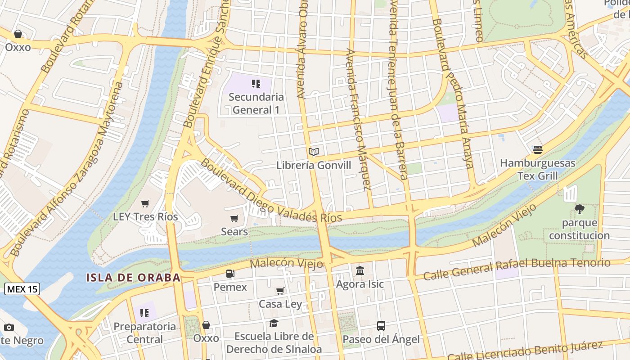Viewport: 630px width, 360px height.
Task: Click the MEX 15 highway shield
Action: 22,289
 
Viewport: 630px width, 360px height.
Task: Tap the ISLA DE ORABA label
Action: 133,277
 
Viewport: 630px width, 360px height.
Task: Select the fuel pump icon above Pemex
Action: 230,273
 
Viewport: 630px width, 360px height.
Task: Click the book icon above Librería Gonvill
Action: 314,152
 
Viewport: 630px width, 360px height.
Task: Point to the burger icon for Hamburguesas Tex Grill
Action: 537,149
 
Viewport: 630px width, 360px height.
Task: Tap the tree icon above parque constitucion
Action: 579,209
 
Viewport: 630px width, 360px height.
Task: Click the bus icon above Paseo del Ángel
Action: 381,325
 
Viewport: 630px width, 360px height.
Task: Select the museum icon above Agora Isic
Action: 360,270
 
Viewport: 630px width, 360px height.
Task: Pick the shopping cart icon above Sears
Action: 234,218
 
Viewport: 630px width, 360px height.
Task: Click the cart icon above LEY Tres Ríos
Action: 145,203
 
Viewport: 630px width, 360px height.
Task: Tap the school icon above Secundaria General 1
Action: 256,83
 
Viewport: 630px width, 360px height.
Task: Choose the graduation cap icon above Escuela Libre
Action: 274,323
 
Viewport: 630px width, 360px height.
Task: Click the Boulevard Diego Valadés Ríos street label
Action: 270,191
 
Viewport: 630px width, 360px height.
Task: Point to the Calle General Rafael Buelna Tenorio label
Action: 517,269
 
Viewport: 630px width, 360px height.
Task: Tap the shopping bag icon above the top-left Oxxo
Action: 18,34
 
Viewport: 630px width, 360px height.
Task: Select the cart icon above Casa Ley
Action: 280,291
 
